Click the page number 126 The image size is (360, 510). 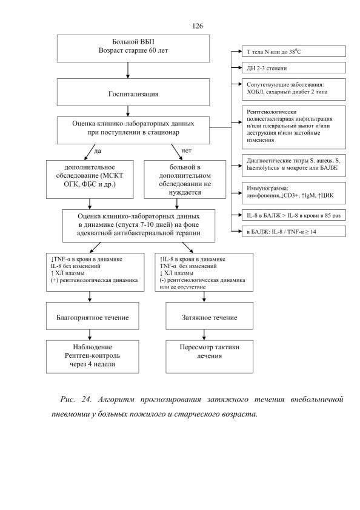point(198,26)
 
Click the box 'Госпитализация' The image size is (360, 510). point(133,92)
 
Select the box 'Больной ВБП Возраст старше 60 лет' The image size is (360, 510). point(133,49)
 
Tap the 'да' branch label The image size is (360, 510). point(97,151)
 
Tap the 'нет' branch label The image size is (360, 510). point(186,150)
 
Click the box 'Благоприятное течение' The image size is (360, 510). point(92,316)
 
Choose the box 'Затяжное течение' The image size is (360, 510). point(210,316)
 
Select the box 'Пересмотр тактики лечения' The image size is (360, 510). point(210,357)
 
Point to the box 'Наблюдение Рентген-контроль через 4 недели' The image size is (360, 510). point(92,357)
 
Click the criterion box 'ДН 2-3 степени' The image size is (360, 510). point(294,68)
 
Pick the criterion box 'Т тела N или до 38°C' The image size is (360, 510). point(294,52)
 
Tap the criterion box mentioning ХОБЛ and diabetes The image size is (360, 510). point(294,89)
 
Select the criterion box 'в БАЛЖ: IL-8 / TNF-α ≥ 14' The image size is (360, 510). point(294,232)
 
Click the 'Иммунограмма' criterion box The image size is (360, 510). point(294,193)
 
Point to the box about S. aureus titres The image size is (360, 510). point(294,166)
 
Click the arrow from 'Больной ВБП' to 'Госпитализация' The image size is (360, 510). point(128,70)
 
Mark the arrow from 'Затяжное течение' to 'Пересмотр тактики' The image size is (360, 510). point(204,335)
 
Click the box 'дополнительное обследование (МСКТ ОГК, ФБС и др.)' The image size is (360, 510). point(90,180)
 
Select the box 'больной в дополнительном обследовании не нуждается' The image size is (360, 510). point(185,180)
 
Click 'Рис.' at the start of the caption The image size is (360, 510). point(68,400)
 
